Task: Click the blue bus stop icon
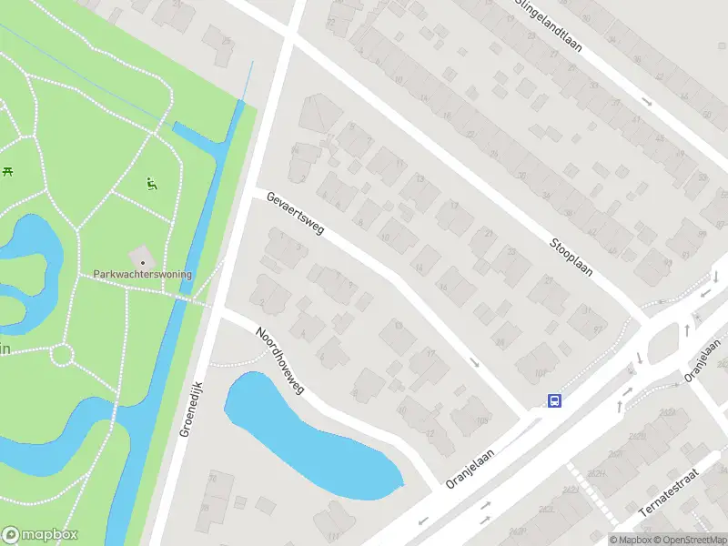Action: [x=553, y=400]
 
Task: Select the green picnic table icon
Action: [x=7, y=170]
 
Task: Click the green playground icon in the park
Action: [x=151, y=183]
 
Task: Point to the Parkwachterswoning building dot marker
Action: [x=143, y=262]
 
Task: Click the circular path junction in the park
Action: [x=62, y=353]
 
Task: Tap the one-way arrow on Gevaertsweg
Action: [x=474, y=362]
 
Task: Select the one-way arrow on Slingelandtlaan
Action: [x=647, y=102]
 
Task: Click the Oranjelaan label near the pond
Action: [x=470, y=467]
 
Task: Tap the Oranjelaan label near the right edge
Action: [x=703, y=359]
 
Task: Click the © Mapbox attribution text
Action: [x=632, y=540]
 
